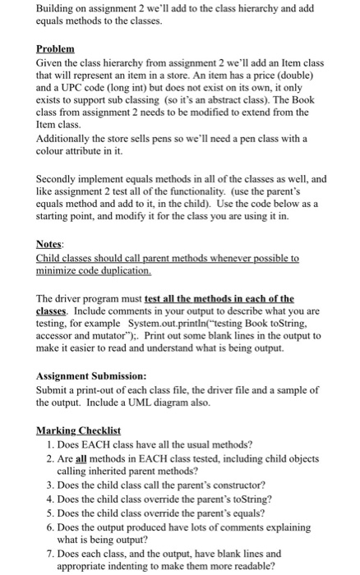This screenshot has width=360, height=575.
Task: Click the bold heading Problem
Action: point(55,49)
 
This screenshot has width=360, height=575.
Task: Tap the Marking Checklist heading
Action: point(78,430)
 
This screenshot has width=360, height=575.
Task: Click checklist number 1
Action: point(51,444)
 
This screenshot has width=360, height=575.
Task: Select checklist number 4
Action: point(51,499)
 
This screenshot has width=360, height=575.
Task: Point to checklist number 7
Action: point(51,553)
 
